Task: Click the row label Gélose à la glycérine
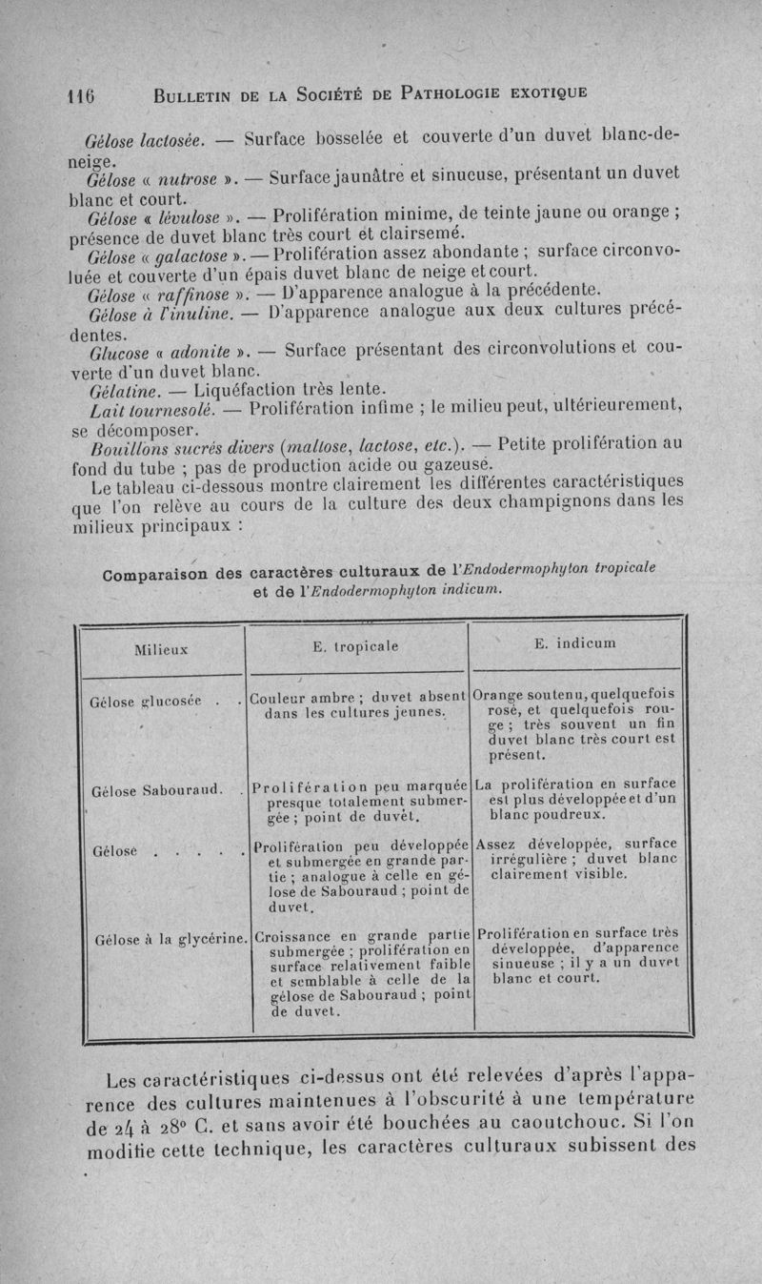click(166, 940)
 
